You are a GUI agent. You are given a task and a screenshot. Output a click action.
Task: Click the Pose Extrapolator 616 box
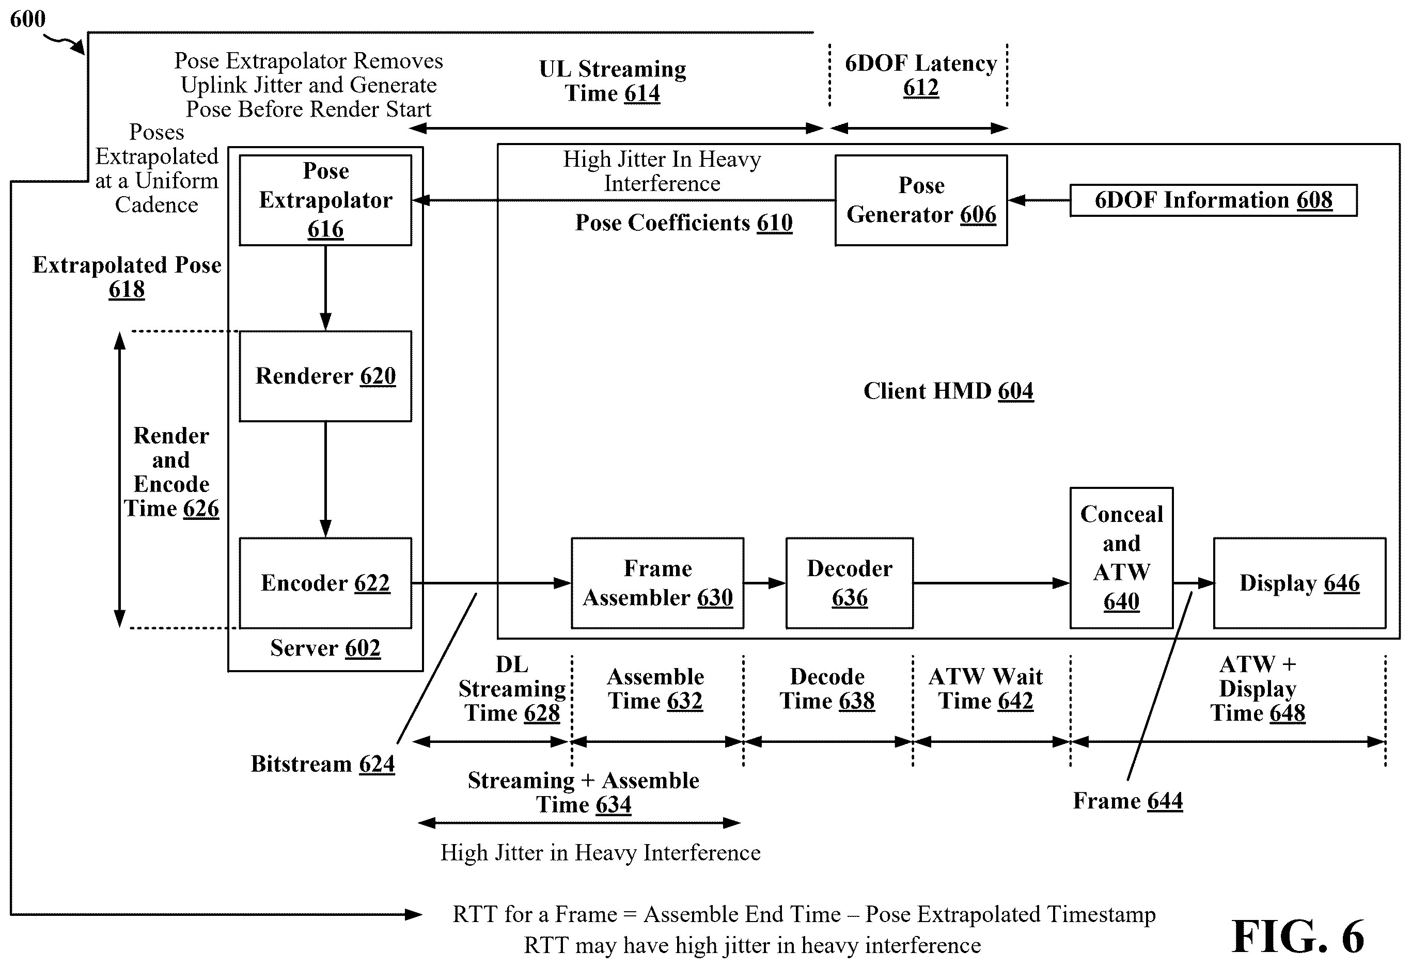(x=325, y=200)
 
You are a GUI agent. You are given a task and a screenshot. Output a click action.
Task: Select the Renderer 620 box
(x=325, y=376)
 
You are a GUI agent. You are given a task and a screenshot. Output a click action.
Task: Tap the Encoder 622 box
(x=325, y=583)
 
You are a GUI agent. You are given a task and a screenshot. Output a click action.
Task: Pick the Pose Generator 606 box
(x=921, y=200)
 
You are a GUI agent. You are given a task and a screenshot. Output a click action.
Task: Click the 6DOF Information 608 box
(x=1213, y=200)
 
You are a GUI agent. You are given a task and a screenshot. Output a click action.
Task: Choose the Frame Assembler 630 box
(x=657, y=583)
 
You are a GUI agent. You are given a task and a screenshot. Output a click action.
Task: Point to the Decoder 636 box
(x=850, y=583)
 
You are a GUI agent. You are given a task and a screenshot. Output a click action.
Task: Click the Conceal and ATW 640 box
(x=1121, y=558)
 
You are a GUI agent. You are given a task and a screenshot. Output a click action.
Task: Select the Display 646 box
(x=1300, y=583)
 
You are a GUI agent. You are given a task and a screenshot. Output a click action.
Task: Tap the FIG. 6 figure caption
(x=1297, y=936)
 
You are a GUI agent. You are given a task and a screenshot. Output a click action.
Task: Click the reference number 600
(x=28, y=19)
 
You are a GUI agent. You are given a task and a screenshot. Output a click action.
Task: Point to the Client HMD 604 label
(x=948, y=391)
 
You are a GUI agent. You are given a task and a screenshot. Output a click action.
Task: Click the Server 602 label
(x=325, y=648)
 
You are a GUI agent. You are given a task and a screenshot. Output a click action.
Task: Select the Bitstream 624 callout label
(x=323, y=764)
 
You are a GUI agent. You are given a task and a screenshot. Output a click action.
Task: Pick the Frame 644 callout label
(x=1128, y=801)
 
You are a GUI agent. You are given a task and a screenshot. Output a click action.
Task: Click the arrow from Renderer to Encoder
(x=325, y=480)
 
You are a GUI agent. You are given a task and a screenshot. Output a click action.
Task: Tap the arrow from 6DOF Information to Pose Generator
(x=1039, y=200)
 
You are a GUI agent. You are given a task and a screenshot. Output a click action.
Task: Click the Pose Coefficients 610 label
(x=684, y=223)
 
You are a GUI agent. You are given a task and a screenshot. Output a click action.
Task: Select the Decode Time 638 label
(x=827, y=689)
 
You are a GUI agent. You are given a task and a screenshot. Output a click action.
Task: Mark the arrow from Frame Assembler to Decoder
(x=765, y=583)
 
